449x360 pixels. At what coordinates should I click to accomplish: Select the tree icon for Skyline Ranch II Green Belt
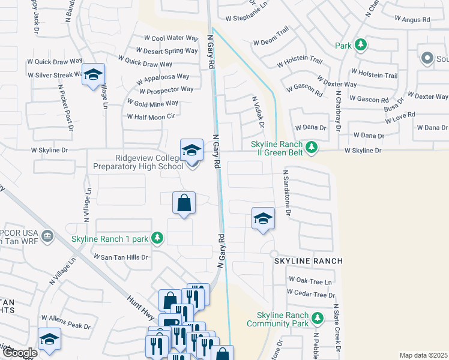311,147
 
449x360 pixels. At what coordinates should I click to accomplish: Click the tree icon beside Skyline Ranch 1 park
157,239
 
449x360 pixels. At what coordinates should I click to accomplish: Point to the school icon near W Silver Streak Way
93,74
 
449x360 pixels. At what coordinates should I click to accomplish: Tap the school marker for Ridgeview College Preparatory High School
191,150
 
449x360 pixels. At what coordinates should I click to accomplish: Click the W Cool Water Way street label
167,38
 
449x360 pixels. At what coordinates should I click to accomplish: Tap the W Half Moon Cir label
151,116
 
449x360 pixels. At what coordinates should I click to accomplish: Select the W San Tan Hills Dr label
120,256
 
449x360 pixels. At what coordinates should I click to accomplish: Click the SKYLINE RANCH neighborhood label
309,261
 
